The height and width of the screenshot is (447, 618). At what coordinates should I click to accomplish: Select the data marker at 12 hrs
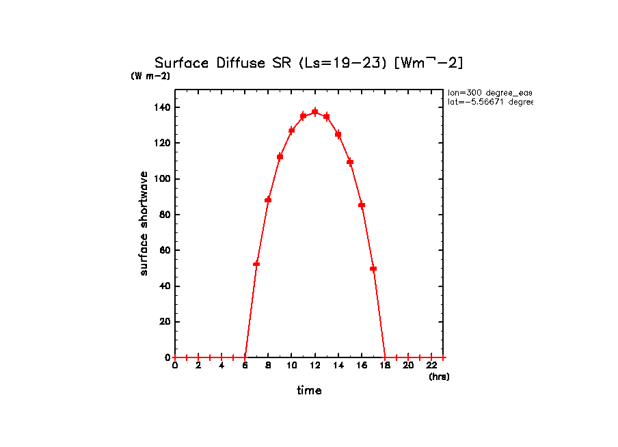coord(315,111)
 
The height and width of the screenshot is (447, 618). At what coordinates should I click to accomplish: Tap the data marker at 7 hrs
coord(256,264)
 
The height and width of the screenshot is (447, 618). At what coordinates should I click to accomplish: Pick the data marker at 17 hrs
coord(373,269)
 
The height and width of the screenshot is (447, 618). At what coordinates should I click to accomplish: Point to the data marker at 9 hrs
coord(280,157)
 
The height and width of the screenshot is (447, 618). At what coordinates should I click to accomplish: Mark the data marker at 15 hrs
coord(350,162)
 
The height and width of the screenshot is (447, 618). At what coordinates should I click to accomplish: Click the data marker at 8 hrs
coord(268,200)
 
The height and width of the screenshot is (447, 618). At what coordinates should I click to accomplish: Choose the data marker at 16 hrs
coord(362,205)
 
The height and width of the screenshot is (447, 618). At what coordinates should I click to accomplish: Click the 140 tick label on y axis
coord(162,107)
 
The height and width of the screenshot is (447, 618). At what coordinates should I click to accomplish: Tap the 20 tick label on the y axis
coord(165,322)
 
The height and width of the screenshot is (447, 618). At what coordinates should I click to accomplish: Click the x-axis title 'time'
coord(309,391)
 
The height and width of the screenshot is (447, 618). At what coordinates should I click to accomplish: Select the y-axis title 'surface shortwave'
coord(144,223)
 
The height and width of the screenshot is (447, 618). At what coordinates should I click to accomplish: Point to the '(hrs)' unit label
coord(439,377)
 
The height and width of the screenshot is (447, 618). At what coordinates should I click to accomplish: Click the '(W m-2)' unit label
coord(150,76)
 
